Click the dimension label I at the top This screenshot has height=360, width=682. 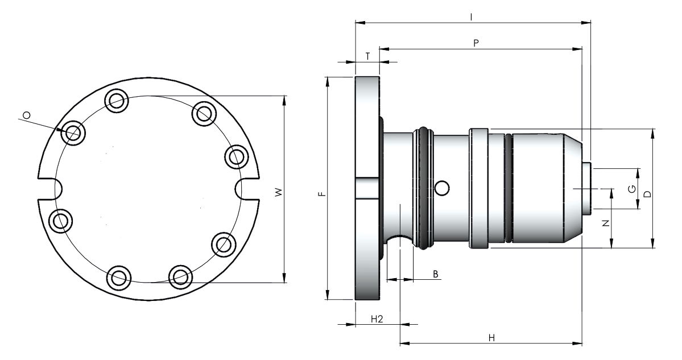(472, 17)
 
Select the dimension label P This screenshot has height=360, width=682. (476, 43)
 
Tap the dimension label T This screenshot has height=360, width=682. (367, 56)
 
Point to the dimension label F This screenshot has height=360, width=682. (322, 194)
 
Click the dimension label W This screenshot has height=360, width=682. (279, 192)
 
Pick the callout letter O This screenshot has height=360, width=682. (27, 115)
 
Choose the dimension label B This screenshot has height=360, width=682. (435, 274)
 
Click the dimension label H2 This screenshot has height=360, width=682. (377, 318)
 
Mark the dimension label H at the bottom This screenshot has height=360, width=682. (491, 338)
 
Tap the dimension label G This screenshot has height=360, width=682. (632, 189)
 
